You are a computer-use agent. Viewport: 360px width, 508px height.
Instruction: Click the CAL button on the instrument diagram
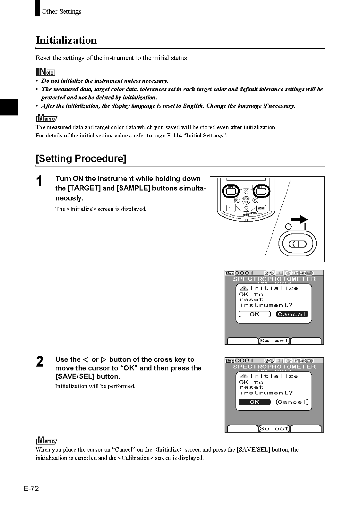click(230, 208)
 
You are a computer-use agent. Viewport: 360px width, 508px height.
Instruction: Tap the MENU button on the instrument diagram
click(261, 208)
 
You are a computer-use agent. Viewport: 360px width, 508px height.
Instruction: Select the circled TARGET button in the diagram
click(261, 191)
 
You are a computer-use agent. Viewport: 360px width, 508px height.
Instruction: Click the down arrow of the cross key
click(246, 209)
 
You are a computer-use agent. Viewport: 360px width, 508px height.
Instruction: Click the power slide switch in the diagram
click(298, 244)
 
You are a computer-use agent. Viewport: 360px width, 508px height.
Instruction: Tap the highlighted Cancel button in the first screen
click(292, 314)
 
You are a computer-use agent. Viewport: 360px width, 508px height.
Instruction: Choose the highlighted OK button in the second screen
click(254, 402)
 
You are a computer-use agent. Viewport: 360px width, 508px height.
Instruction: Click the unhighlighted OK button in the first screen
click(254, 314)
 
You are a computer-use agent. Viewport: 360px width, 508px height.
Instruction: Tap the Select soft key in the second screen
click(274, 428)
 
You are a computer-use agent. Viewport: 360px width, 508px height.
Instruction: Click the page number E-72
click(31, 489)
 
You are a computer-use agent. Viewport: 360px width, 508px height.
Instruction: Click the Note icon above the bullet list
click(46, 72)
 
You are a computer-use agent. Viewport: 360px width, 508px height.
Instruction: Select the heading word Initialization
click(66, 40)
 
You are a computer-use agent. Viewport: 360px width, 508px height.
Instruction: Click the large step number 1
click(39, 182)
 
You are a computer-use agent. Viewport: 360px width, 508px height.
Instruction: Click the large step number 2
click(39, 362)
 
